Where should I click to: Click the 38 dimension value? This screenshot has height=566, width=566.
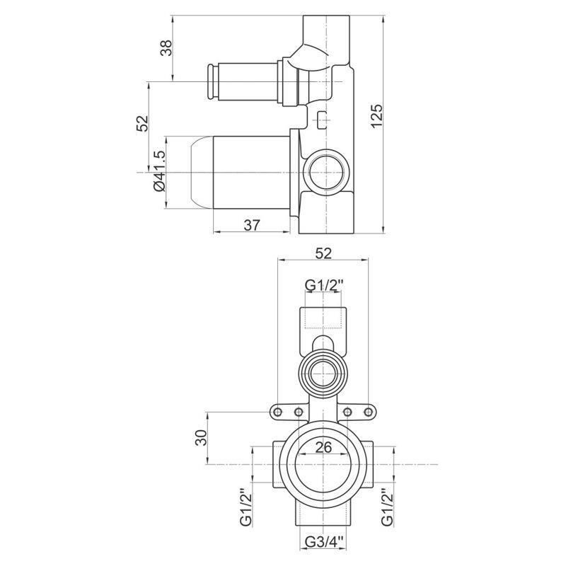pyautogui.click(x=166, y=47)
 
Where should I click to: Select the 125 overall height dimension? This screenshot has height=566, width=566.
pyautogui.click(x=376, y=116)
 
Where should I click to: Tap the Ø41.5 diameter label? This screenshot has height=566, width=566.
pyautogui.click(x=159, y=171)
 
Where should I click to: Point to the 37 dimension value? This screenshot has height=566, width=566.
pyautogui.click(x=252, y=225)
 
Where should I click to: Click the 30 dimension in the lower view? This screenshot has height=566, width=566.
pyautogui.click(x=202, y=437)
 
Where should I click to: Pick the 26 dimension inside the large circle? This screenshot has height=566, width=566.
pyautogui.click(x=323, y=448)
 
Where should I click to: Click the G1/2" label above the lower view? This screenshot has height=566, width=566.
pyautogui.click(x=323, y=285)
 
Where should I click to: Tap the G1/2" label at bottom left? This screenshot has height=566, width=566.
pyautogui.click(x=246, y=507)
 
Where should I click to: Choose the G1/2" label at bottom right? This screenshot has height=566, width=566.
pyautogui.click(x=386, y=507)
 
